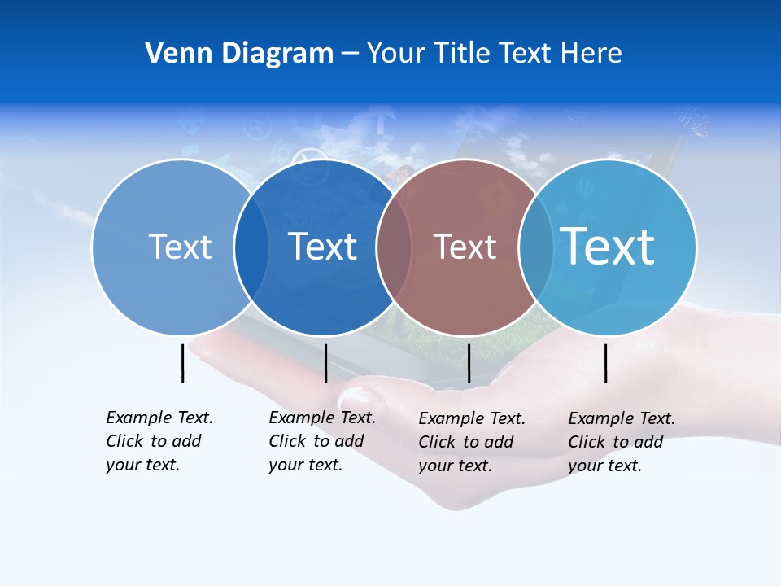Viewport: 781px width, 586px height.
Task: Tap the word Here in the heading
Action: (x=591, y=53)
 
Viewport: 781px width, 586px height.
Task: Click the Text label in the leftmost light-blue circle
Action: (x=180, y=247)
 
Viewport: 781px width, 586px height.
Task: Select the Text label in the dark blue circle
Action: (x=323, y=247)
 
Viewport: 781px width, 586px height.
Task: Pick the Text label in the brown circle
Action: (x=465, y=247)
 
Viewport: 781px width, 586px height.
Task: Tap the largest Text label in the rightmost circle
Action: (x=608, y=246)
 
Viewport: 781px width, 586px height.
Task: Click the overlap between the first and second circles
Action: (x=251, y=247)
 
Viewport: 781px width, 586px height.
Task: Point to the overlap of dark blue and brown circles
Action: (x=394, y=247)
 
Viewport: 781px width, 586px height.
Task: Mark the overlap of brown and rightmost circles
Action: (x=536, y=247)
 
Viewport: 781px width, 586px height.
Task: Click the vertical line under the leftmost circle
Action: (x=183, y=363)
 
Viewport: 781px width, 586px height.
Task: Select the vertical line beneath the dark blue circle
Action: (x=325, y=363)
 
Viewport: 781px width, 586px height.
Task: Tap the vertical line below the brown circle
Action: (x=469, y=363)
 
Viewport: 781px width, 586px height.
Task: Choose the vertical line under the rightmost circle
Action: (x=606, y=363)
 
